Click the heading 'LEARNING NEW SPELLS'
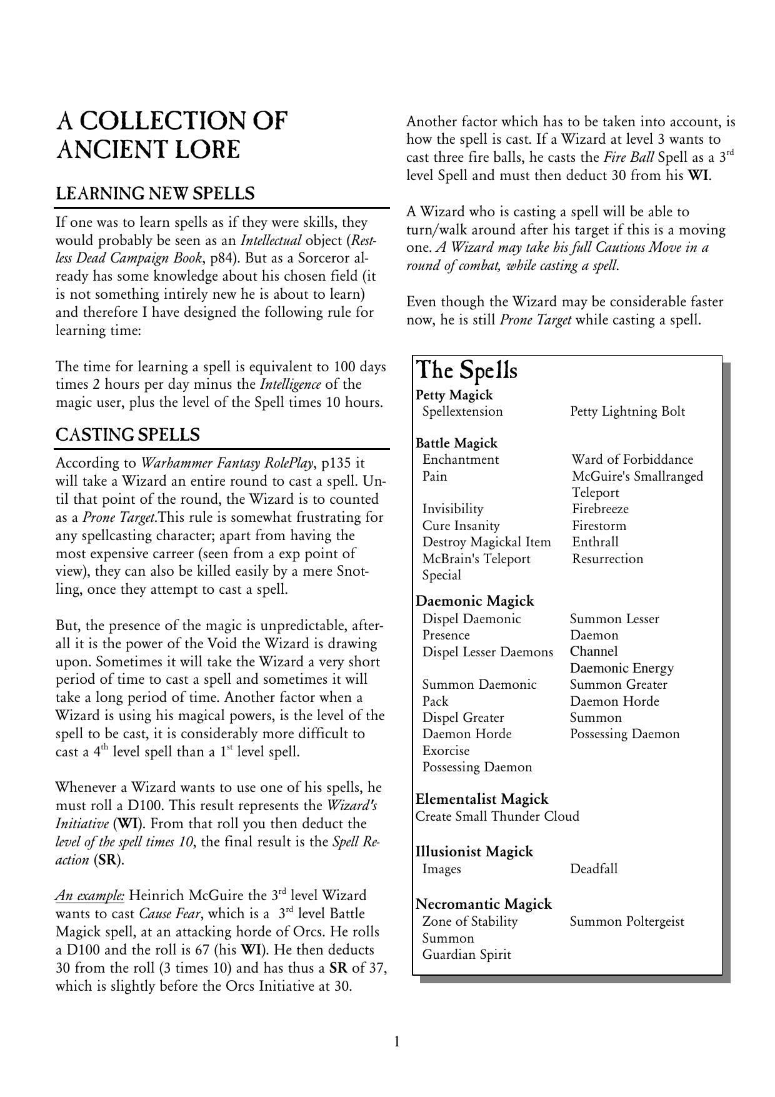point(155,194)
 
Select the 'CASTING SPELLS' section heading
point(127,435)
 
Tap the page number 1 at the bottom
point(397,1041)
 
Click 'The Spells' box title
point(466,370)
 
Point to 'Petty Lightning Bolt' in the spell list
point(627,411)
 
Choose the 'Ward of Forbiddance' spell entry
point(632,459)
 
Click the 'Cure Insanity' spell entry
point(461,526)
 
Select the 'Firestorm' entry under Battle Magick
point(599,526)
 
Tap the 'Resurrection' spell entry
point(607,559)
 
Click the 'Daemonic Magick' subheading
point(474,601)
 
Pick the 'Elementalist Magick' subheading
point(482,799)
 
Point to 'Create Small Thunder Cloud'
point(497,816)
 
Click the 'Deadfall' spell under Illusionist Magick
point(594,869)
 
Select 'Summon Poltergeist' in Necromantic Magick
point(627,921)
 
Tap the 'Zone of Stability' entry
point(470,921)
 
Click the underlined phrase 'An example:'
point(90,896)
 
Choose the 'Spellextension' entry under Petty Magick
point(462,411)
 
